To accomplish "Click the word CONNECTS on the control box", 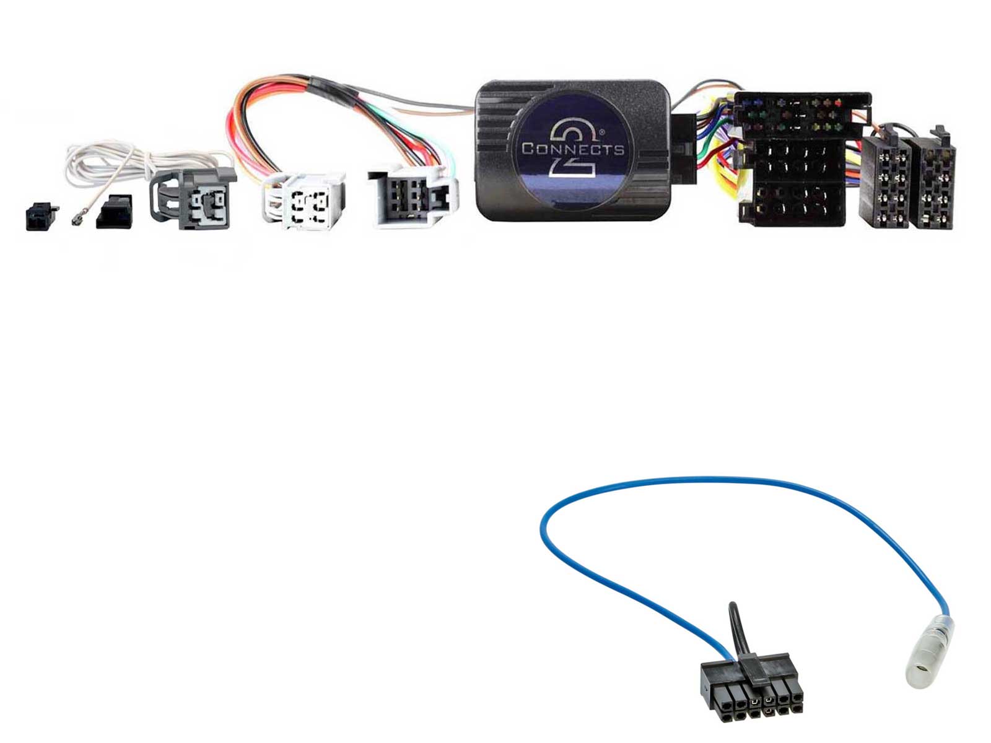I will (572, 149).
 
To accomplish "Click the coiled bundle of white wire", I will (102, 162).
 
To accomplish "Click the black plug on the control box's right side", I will (684, 149).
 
